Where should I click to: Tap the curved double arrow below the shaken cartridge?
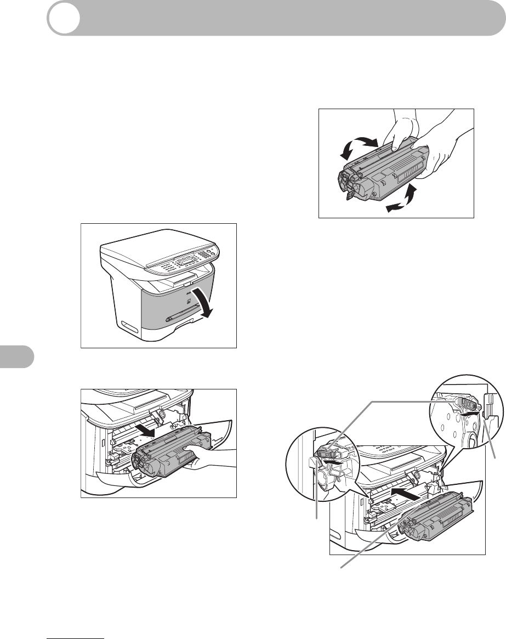pyautogui.click(x=400, y=200)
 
